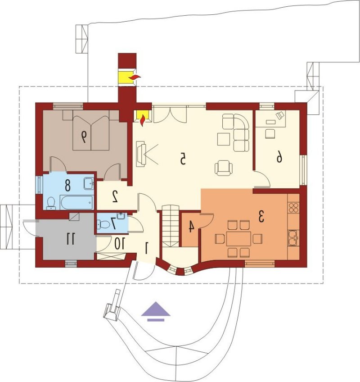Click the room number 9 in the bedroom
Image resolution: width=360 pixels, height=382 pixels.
click(84, 136)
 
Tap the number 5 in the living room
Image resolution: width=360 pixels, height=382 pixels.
click(183, 159)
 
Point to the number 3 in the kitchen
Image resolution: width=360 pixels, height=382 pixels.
click(261, 217)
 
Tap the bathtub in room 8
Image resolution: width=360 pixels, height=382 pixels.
click(76, 202)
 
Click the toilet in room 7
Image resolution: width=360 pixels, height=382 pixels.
click(103, 224)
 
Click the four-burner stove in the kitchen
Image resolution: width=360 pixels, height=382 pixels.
click(293, 207)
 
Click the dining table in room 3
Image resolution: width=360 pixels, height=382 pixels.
click(238, 239)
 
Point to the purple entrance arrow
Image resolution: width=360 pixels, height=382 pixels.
click(156, 312)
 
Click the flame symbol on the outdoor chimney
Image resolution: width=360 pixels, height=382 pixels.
click(135, 77)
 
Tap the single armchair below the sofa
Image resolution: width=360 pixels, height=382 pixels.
click(224, 168)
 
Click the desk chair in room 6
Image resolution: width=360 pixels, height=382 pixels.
click(270, 134)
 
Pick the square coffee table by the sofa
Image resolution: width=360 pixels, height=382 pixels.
click(224, 139)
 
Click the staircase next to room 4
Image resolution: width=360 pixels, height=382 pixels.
click(171, 226)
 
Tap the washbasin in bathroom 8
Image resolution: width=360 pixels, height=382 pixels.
click(89, 183)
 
